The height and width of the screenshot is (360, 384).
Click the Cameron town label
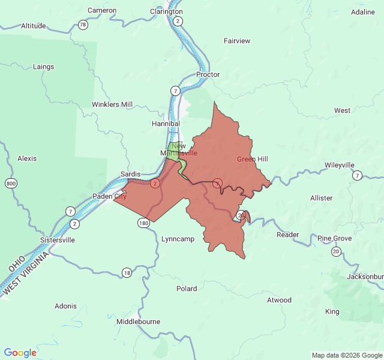click(101, 10)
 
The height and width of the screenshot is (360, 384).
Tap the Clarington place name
click(166, 11)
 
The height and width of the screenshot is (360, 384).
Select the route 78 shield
click(83, 25)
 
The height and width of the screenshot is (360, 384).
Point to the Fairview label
click(237, 41)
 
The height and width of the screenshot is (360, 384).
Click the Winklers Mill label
click(112, 104)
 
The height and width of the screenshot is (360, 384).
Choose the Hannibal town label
click(166, 124)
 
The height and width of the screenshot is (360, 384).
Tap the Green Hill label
click(252, 159)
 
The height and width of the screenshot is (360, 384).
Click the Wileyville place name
click(340, 165)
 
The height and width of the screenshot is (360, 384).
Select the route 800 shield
click(10, 183)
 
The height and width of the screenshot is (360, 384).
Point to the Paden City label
click(109, 196)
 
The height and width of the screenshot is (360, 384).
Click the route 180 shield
click(143, 223)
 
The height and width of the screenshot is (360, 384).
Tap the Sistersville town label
click(57, 239)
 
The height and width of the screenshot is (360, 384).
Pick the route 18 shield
click(127, 272)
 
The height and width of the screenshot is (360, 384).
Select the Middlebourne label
click(138, 322)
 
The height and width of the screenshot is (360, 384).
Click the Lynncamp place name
click(178, 239)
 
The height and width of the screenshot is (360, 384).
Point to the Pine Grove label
click(335, 238)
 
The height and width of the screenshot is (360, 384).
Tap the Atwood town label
click(279, 300)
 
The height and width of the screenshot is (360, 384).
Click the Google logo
click(20, 353)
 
